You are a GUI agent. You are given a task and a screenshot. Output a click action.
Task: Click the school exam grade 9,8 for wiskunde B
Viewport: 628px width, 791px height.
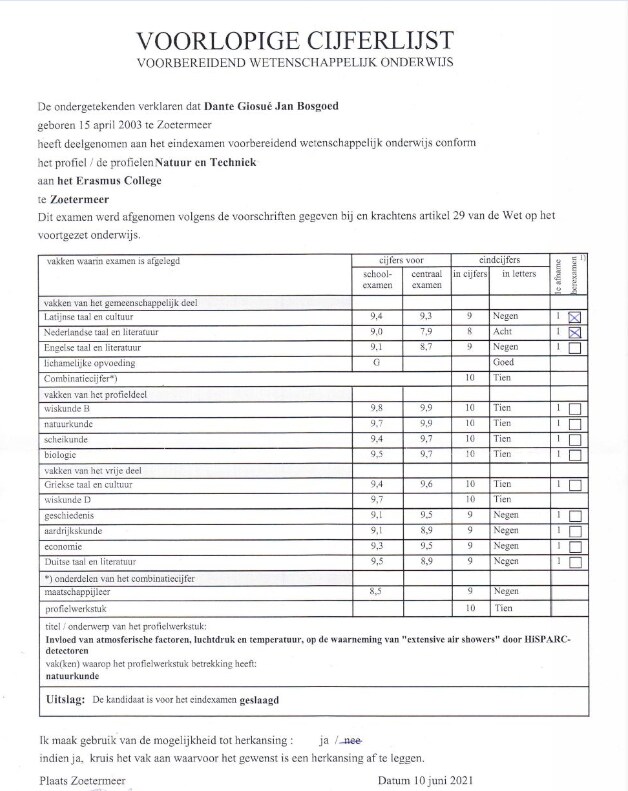[375, 408]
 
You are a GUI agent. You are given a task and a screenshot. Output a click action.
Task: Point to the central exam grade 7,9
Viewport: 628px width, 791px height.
[426, 332]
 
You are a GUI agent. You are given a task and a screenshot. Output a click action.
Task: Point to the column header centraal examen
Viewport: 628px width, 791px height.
[426, 278]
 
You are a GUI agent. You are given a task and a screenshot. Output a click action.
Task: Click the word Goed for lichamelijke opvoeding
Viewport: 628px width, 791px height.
[504, 362]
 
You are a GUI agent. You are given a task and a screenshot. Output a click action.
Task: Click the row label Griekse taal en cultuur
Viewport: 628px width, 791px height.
[88, 484]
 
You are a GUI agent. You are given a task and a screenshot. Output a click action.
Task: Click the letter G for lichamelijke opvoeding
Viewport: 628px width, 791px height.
[375, 362]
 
